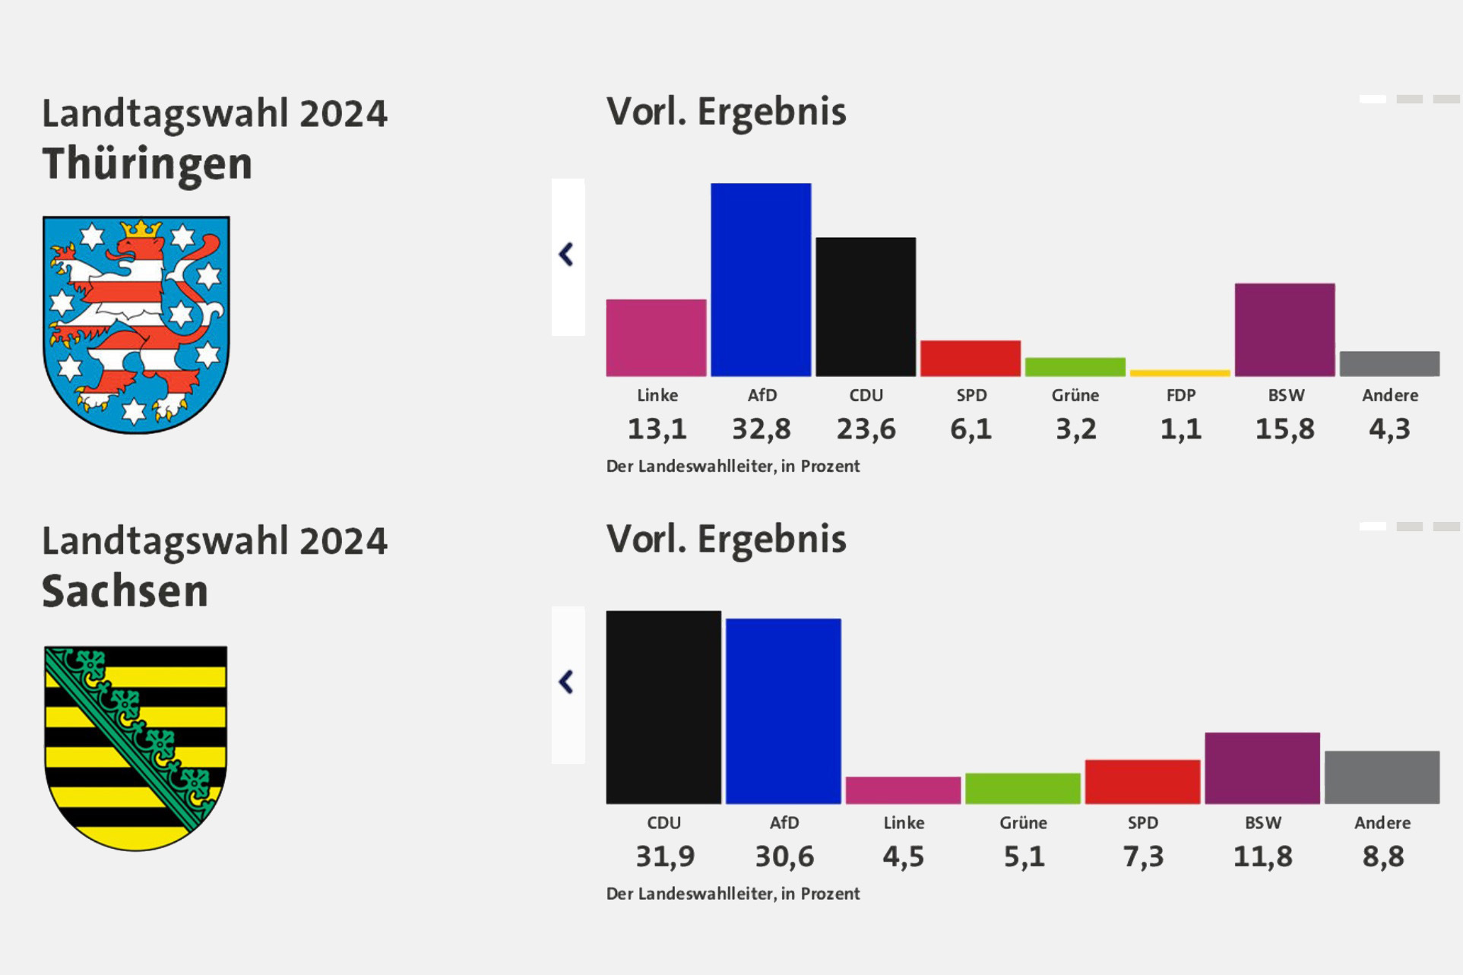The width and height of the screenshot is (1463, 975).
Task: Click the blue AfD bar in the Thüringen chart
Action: (x=761, y=280)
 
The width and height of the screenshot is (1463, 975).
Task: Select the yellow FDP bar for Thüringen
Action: (x=1180, y=373)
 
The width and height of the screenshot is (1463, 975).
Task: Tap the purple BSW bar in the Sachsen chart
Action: (x=1262, y=768)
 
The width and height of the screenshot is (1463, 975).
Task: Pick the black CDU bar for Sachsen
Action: (x=663, y=708)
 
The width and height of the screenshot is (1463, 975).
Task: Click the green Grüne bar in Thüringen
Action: (x=1075, y=367)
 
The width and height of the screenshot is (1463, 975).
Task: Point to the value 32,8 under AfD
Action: (x=762, y=429)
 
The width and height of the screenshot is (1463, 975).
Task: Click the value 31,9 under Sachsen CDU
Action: (x=665, y=856)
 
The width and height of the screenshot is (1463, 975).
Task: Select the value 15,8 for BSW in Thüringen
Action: (x=1284, y=429)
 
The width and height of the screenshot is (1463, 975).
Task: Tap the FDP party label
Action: (x=1180, y=395)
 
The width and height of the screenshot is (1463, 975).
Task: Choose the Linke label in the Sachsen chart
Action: (x=904, y=822)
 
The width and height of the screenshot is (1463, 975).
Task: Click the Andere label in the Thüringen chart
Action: (x=1389, y=395)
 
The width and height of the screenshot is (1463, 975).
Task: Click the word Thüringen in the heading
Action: (x=147, y=164)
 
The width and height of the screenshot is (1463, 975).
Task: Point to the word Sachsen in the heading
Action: (x=125, y=591)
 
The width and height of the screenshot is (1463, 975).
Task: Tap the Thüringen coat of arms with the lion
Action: (x=136, y=324)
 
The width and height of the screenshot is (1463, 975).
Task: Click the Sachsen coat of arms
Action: (x=136, y=748)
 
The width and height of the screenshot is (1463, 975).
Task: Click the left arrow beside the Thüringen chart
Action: (x=567, y=255)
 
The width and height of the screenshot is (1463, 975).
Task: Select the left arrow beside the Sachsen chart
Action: (x=567, y=682)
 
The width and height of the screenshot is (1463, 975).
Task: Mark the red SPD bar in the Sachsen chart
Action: (x=1142, y=782)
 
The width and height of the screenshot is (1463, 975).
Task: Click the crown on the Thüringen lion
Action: (x=141, y=228)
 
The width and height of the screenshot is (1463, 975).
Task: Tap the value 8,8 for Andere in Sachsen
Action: (x=1382, y=856)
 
